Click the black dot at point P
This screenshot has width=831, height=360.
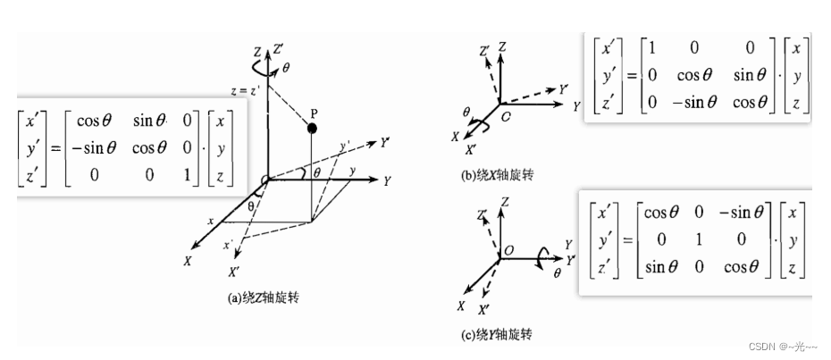click(312, 129)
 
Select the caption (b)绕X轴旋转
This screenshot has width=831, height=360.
click(497, 175)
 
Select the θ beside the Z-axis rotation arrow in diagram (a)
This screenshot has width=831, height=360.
click(285, 67)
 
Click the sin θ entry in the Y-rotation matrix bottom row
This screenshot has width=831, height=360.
click(660, 264)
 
